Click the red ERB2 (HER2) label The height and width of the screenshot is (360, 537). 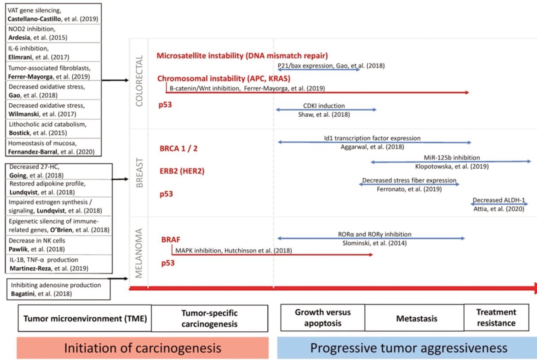(182, 171)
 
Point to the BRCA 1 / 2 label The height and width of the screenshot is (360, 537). (179, 148)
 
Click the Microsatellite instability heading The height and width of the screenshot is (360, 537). (242, 56)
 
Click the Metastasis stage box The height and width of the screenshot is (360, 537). (414, 319)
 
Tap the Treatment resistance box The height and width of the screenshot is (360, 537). (496, 318)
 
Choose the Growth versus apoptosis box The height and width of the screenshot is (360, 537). (322, 318)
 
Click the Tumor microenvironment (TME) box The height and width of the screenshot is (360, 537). (85, 319)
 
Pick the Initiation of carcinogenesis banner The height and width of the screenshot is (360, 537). (142, 348)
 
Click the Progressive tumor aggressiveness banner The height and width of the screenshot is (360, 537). (408, 348)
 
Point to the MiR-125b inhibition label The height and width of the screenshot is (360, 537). (451, 158)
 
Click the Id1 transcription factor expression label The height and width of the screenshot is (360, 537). (372, 139)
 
